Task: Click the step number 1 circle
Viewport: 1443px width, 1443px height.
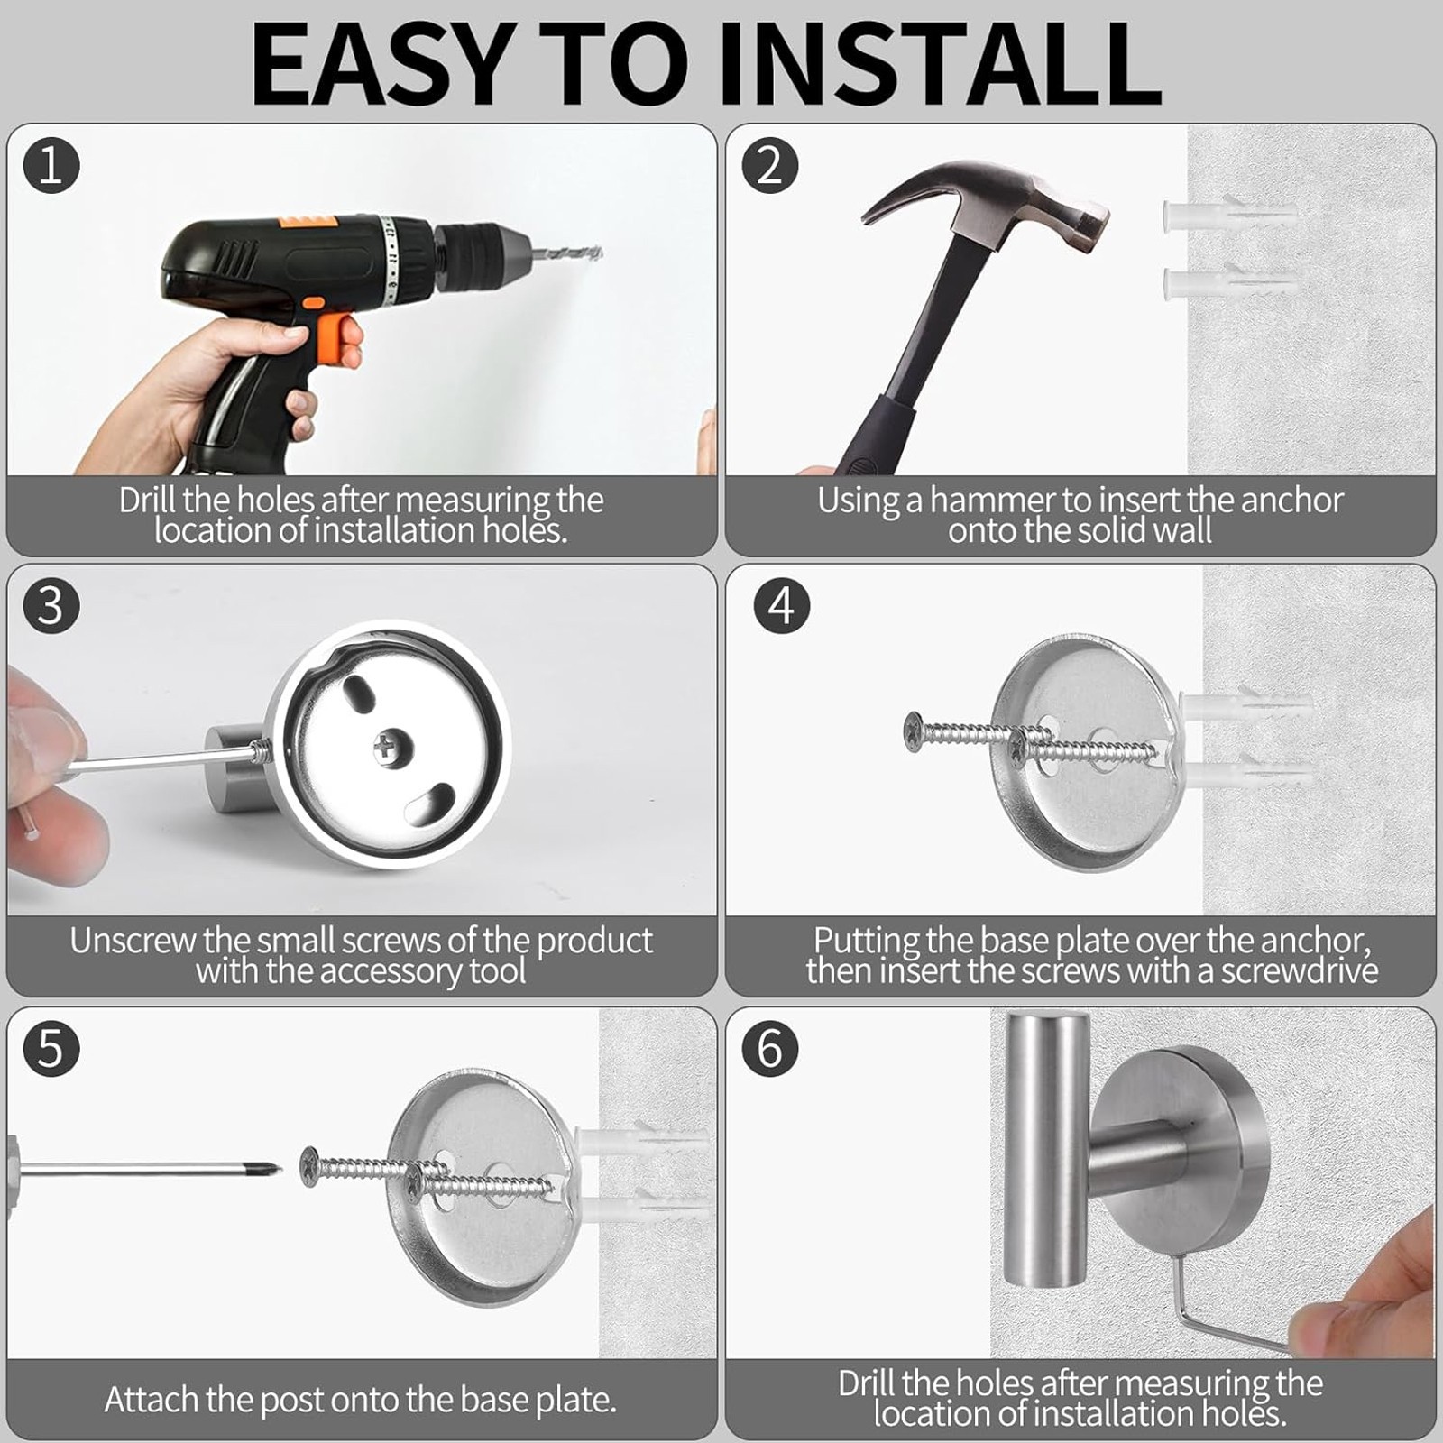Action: pyautogui.click(x=51, y=166)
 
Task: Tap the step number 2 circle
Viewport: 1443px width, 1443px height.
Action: pyautogui.click(x=769, y=165)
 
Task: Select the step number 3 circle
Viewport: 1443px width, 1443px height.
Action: pyautogui.click(x=51, y=605)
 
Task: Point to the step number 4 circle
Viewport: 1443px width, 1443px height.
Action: pyautogui.click(x=781, y=605)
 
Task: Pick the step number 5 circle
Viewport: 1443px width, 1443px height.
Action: pyautogui.click(x=51, y=1048)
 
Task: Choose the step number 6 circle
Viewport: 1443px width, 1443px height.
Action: pyautogui.click(x=769, y=1048)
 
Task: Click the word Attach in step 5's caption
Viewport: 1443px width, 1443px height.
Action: pyautogui.click(x=152, y=1400)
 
